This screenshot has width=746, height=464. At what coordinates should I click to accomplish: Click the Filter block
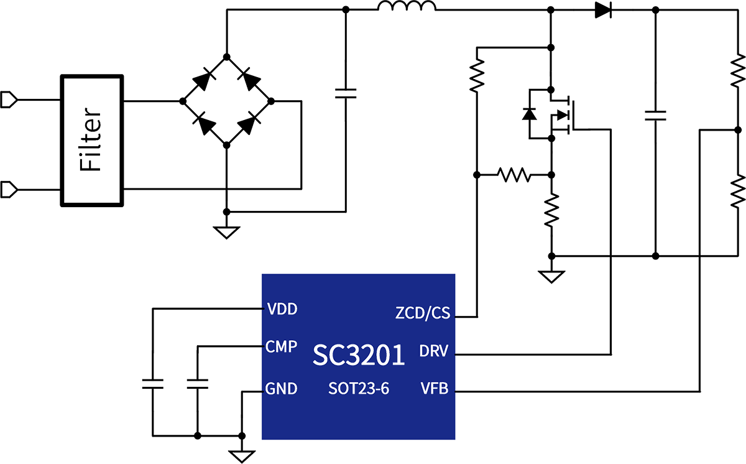click(92, 140)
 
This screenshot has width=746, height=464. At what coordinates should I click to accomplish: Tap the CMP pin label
click(281, 346)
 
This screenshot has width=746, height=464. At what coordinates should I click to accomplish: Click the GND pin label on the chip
click(281, 389)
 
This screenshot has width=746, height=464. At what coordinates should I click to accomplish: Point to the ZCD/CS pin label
click(422, 313)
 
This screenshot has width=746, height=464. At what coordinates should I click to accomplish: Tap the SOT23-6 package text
click(359, 390)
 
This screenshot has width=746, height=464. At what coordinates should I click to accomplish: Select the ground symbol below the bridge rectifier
click(226, 232)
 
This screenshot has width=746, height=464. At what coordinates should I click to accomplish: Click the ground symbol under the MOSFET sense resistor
click(551, 276)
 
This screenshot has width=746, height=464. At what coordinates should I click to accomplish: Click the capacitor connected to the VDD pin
click(151, 383)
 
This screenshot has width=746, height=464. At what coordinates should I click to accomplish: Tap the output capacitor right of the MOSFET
click(655, 114)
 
